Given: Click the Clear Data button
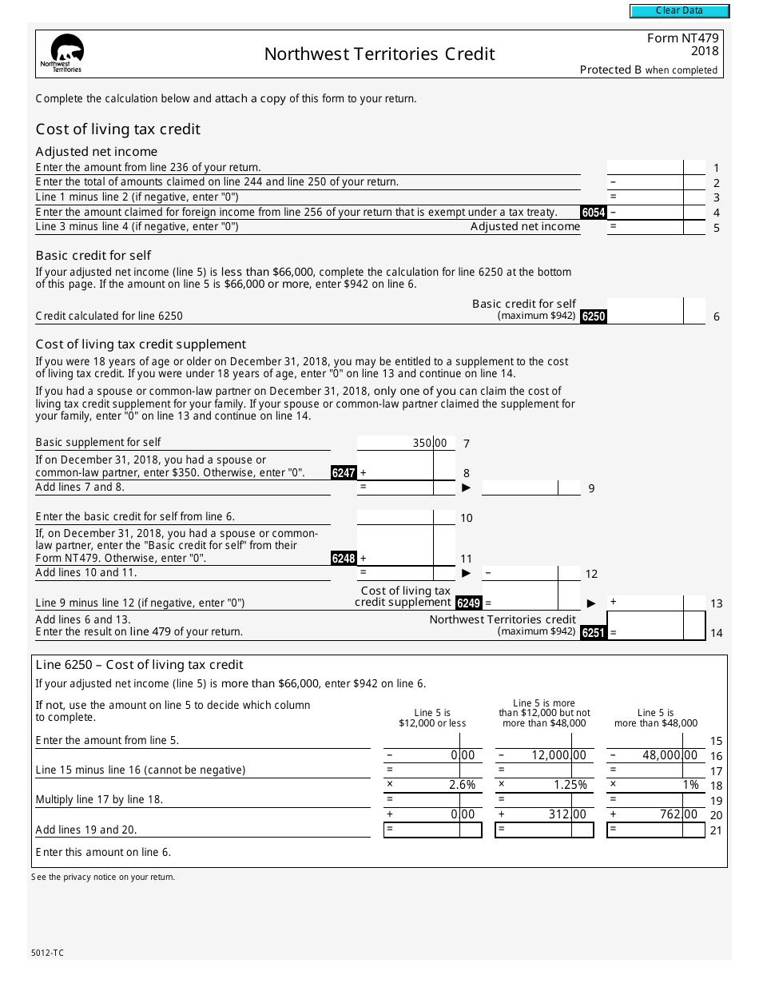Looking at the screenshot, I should pyautogui.click(x=679, y=11).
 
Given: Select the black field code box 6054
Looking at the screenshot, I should pyautogui.click(x=593, y=213).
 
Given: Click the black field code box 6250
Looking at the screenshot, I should pyautogui.click(x=593, y=316).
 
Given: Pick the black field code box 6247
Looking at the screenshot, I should pyautogui.click(x=344, y=472).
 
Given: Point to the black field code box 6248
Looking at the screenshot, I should pyautogui.click(x=344, y=559).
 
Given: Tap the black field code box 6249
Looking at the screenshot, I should pyautogui.click(x=468, y=603).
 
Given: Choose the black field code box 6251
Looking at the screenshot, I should pyautogui.click(x=593, y=633).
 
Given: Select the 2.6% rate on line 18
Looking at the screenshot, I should pyautogui.click(x=462, y=785).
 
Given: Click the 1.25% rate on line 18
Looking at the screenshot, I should pyautogui.click(x=570, y=785).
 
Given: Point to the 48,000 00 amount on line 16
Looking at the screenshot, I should pyautogui.click(x=670, y=755).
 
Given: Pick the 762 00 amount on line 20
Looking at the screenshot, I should pyautogui.click(x=678, y=814).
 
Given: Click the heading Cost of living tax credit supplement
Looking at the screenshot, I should pyautogui.click(x=141, y=344).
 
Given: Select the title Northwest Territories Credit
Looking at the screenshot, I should pyautogui.click(x=379, y=54).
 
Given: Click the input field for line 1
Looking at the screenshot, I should pyautogui.click(x=646, y=167).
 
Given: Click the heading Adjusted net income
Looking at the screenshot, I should pyautogui.click(x=97, y=152).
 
